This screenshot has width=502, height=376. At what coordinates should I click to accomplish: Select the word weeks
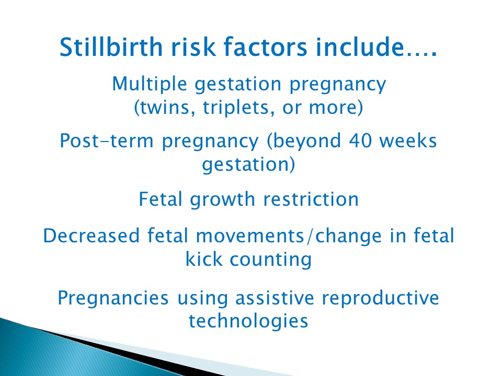(x=411, y=141)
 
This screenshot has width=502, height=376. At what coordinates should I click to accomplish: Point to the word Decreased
(x=92, y=236)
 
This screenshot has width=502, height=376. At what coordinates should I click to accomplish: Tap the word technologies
(x=248, y=321)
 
